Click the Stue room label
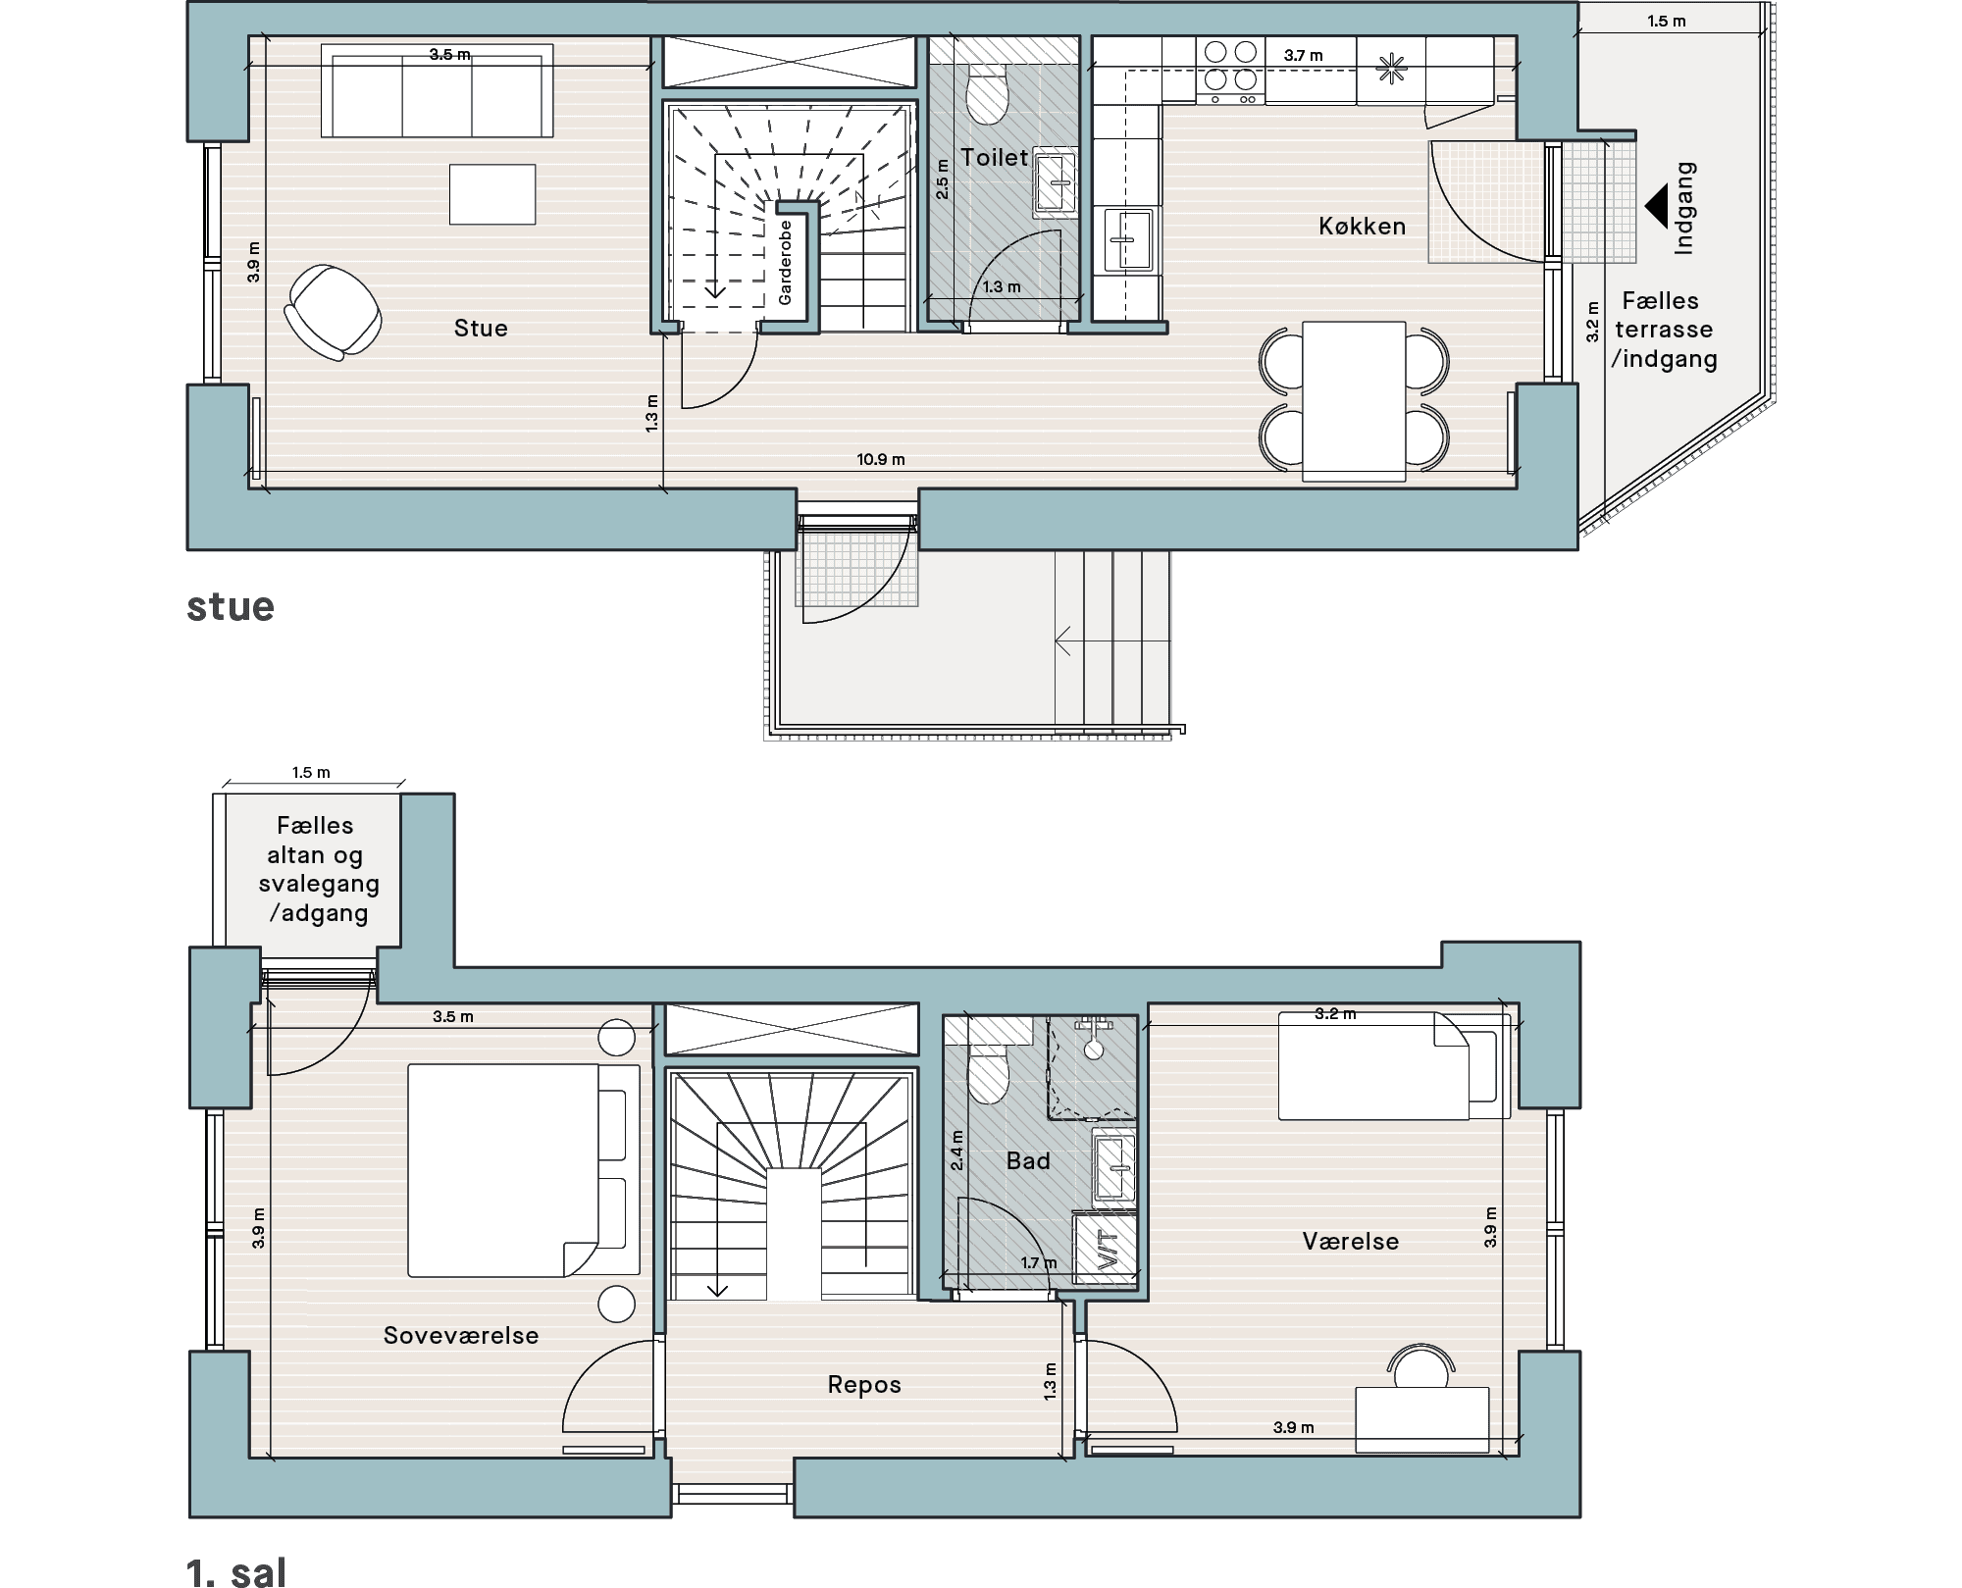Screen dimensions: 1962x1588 [481, 328]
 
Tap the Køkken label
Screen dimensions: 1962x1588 [1362, 227]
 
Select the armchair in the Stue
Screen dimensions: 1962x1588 [333, 313]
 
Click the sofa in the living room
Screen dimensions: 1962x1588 [438, 90]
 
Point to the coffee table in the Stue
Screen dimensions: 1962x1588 [492, 194]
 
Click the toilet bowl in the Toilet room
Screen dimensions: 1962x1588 [986, 94]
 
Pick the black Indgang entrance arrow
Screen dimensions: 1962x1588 [1656, 207]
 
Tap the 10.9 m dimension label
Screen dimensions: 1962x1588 [880, 459]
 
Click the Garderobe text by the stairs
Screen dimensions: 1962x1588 [785, 262]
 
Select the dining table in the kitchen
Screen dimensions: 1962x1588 [1354, 401]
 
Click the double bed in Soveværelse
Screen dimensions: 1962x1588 [524, 1170]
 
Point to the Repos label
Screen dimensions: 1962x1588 [864, 1384]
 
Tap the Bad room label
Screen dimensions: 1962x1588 [1028, 1160]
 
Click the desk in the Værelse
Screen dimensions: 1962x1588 [1422, 1419]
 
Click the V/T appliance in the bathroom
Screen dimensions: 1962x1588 [1106, 1248]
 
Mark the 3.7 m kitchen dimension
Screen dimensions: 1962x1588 [1303, 56]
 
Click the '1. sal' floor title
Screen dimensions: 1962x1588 [236, 1571]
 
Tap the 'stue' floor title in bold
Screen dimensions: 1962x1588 [231, 606]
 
